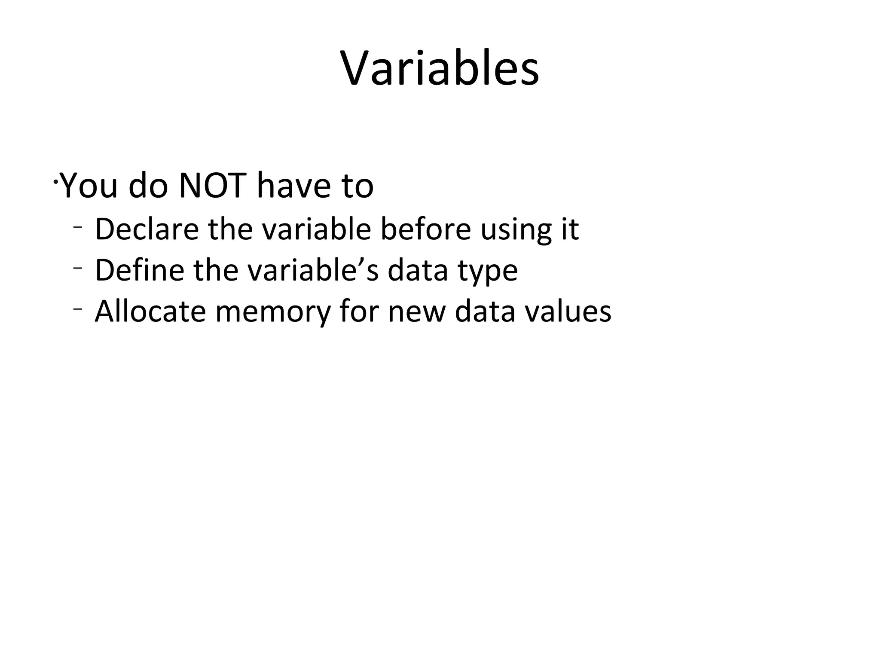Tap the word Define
click(x=140, y=270)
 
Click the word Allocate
click(x=150, y=311)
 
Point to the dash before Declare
click(x=77, y=226)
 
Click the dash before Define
click(x=77, y=268)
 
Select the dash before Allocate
click(x=77, y=309)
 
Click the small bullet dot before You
click(x=55, y=182)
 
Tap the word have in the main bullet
click(x=294, y=186)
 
